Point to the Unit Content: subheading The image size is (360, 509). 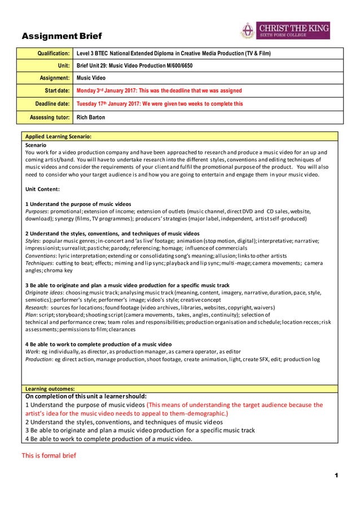43,189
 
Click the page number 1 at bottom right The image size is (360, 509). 336,476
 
